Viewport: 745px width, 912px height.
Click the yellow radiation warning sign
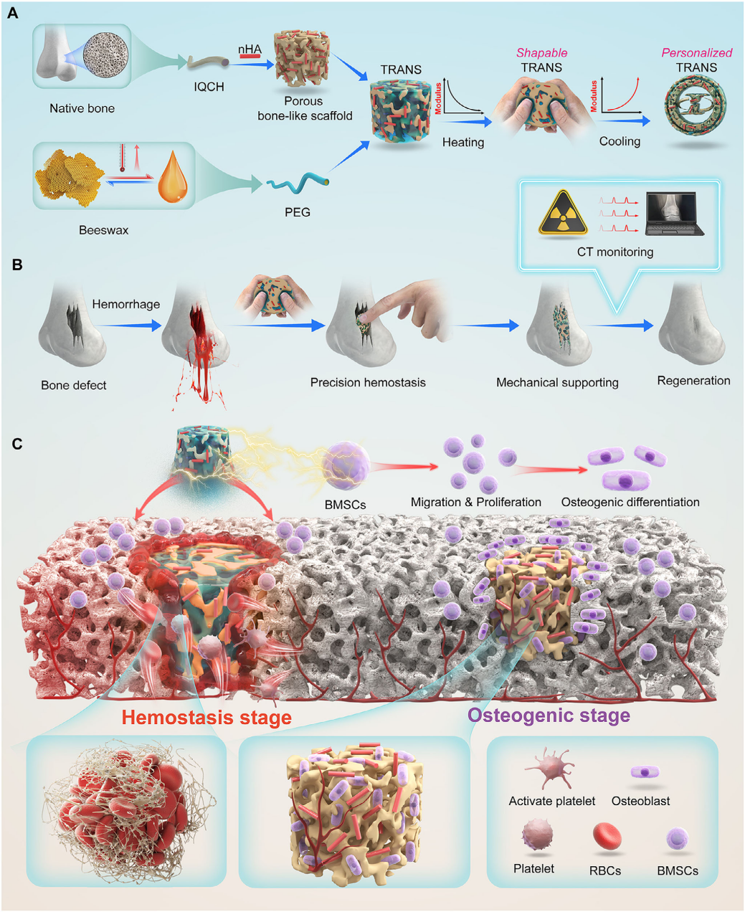click(563, 213)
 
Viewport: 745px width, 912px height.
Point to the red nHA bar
click(250, 55)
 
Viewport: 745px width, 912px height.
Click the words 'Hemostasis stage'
click(207, 717)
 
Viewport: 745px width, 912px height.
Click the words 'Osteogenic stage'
click(549, 715)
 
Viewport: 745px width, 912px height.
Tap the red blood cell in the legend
click(607, 837)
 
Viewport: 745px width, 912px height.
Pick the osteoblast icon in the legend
click(645, 772)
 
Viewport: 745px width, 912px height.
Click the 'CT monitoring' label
click(615, 252)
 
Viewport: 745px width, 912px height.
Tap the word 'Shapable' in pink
click(541, 53)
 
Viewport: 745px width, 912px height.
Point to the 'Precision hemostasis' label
click(368, 382)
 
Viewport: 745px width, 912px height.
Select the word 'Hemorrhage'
click(125, 304)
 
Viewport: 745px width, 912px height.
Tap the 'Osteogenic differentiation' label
click(630, 502)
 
